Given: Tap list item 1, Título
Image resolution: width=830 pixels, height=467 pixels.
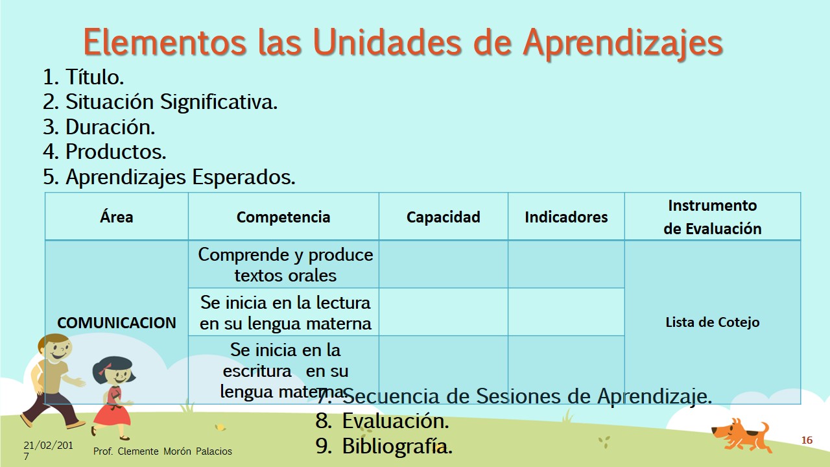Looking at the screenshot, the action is coord(84,77).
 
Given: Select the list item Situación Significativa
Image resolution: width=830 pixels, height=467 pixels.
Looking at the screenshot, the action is coord(160,102).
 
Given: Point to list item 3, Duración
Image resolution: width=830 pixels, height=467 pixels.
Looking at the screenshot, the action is coord(99,126).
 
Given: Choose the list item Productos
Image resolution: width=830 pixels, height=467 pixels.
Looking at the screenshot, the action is coord(104,152).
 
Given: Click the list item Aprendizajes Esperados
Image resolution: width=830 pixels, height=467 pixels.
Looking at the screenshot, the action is coord(169,177).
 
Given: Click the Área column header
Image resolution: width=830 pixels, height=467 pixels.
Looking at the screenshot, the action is coord(116,217).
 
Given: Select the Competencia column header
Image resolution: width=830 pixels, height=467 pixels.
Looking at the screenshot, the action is coord(283,217).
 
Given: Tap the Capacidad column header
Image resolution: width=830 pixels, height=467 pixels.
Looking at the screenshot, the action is coord(443,217).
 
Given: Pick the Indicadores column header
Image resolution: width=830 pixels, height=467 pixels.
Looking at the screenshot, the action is coord(566,217).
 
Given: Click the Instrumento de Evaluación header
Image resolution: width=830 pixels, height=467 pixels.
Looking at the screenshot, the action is coord(713,217).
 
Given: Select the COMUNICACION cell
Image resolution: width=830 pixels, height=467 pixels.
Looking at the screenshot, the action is coord(116,322).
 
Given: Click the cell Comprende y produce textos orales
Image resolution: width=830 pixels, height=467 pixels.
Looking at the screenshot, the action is coord(285,265).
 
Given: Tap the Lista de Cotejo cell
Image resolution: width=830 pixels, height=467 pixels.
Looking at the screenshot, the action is coord(713,322).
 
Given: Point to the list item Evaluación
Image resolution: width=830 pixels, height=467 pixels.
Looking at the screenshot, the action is coord(383,421).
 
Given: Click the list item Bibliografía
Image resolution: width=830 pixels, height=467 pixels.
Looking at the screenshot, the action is coord(384,446).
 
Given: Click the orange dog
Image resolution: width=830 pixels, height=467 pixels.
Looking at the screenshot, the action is coord(740,435).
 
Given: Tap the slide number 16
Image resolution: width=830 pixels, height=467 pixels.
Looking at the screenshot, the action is coord(807,440).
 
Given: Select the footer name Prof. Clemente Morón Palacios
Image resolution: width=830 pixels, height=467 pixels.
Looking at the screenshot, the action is coord(162,451).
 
